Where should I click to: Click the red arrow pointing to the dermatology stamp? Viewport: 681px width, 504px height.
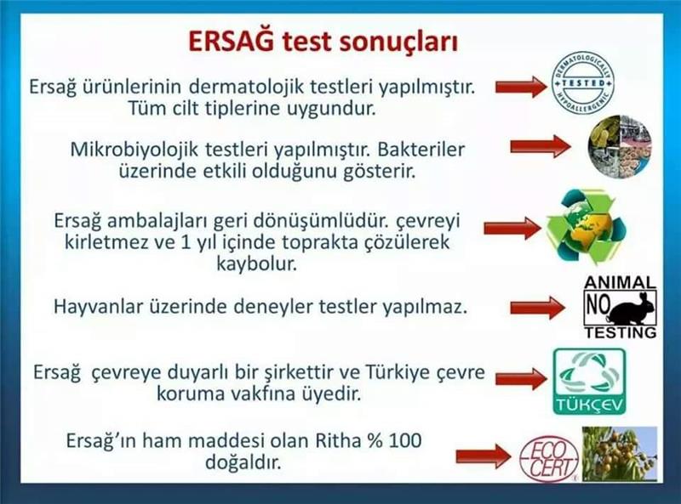pos(521,87)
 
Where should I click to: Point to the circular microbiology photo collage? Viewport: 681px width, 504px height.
pos(621,147)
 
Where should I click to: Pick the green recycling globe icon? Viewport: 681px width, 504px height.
pos(587,227)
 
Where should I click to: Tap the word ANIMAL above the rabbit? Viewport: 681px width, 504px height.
pos(620,283)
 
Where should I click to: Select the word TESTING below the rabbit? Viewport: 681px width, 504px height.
pos(621,332)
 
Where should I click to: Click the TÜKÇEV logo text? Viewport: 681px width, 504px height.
pos(589,405)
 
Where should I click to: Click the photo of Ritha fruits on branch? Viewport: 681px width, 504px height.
pos(620,454)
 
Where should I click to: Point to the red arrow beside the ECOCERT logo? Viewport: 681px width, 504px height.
pos(484,456)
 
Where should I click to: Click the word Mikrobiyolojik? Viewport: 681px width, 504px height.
pos(134,150)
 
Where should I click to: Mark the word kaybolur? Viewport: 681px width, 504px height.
pos(257,264)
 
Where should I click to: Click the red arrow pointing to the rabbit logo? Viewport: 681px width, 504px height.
pos(537,308)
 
